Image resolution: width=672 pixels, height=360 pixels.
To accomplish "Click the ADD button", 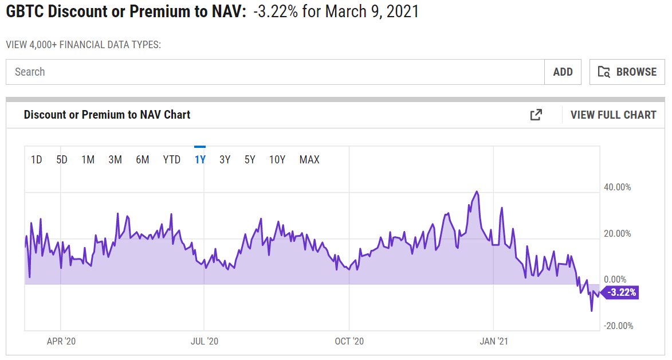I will tap(563, 72).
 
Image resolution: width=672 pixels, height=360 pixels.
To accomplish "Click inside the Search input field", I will tap(275, 72).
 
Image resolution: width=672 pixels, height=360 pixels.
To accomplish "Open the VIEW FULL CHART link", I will tap(613, 115).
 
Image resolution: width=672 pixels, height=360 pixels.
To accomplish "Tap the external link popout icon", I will tap(536, 115).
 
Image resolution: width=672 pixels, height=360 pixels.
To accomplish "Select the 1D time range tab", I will tap(36, 160).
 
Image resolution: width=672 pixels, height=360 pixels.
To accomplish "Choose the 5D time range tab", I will tap(62, 160).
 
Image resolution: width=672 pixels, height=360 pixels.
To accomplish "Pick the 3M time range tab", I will tap(115, 160).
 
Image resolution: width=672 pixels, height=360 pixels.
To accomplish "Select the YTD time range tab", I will tap(172, 160).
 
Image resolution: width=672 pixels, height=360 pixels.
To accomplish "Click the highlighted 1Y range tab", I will tap(200, 160).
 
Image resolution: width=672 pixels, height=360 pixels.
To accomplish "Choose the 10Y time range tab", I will tap(277, 160).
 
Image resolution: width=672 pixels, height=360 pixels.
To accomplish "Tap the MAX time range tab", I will tap(309, 160).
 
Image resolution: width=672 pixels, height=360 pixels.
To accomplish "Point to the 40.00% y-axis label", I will tap(617, 187).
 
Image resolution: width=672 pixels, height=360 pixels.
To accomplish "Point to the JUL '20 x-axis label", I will tap(205, 341).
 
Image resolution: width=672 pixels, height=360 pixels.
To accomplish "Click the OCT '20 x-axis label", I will tap(349, 341).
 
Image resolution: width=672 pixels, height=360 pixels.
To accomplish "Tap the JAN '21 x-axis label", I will tap(494, 341).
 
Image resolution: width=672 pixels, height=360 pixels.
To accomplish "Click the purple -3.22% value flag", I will tap(621, 292).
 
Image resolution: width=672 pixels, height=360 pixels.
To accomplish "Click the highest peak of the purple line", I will tap(477, 192).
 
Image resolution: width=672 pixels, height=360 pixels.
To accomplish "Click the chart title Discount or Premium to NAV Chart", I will tap(107, 115).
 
